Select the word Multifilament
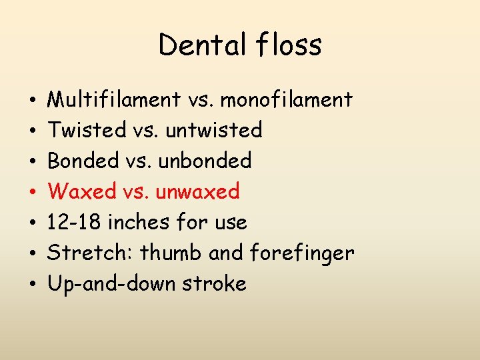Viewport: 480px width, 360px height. tap(114, 100)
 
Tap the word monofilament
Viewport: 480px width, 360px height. tap(287, 100)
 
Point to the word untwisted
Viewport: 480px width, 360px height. tap(214, 130)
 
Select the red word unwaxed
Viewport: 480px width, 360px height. tap(197, 191)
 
